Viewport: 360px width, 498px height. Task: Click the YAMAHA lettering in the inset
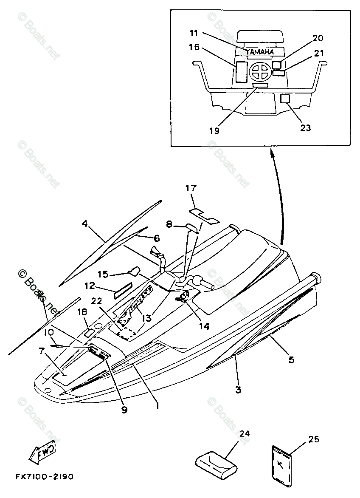coord(260,52)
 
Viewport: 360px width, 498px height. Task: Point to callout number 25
coord(313,440)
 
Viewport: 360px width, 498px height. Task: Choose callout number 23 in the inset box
coord(305,127)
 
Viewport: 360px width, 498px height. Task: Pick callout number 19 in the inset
coord(214,131)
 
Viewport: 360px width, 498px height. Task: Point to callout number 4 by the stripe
coord(84,224)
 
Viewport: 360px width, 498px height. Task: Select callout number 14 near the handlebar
coord(204,326)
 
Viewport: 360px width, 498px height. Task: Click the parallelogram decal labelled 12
coord(122,290)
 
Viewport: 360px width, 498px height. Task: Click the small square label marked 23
coord(285,99)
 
